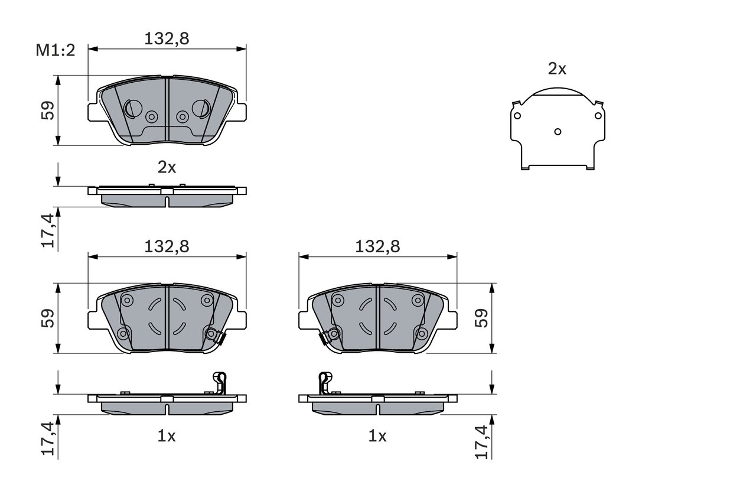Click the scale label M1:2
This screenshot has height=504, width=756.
click(56, 50)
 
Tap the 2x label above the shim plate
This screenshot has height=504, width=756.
click(557, 69)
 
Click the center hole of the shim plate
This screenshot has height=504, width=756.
click(557, 131)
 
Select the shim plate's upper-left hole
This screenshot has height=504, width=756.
click(517, 115)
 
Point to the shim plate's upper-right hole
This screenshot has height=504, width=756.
click(598, 115)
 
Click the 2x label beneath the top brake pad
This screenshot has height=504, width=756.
click(167, 168)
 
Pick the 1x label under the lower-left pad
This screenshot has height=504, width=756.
click(167, 437)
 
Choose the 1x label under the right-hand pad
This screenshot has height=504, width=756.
click(377, 437)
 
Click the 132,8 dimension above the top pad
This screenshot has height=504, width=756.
click(167, 38)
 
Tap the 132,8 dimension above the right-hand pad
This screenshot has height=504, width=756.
click(377, 246)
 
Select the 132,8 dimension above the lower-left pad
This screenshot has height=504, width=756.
click(167, 246)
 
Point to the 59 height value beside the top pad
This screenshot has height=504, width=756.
click(48, 110)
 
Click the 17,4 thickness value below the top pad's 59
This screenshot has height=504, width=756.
click(48, 230)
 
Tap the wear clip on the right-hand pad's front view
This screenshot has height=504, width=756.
click(324, 338)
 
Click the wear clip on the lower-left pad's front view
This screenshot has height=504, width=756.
click(220, 338)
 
